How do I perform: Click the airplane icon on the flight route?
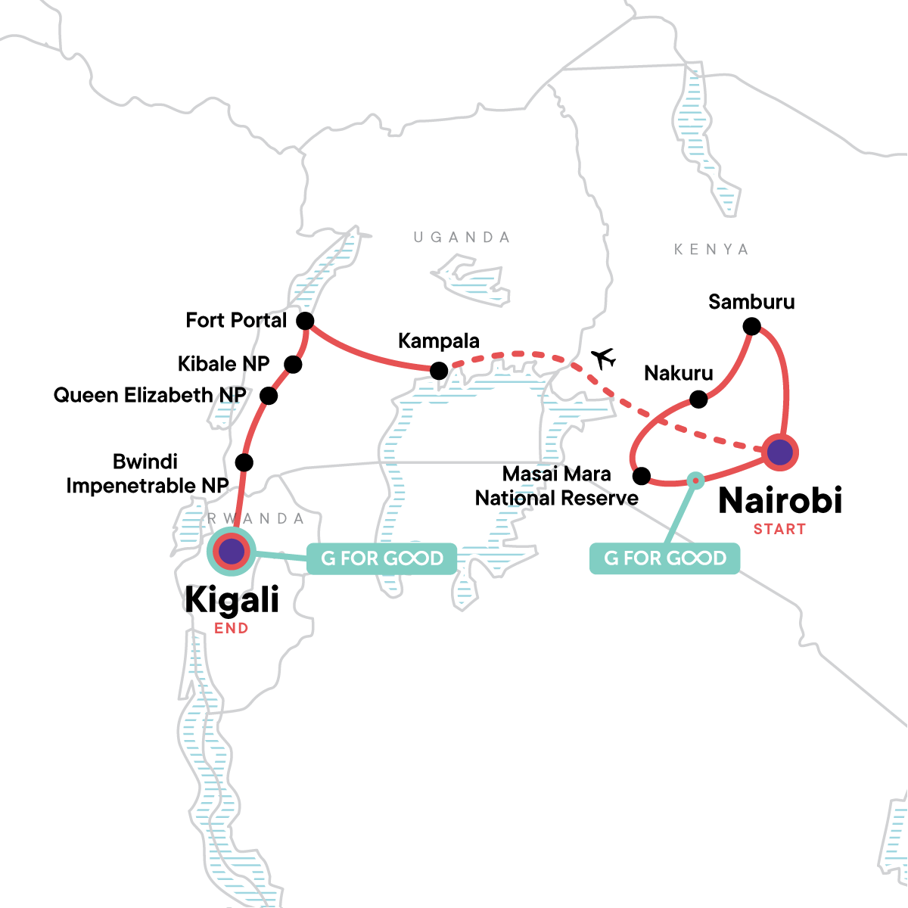point(603,358)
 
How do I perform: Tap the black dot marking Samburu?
point(751,326)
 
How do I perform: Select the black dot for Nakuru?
point(698,399)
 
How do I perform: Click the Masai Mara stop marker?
point(641,476)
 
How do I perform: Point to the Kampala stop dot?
point(438,371)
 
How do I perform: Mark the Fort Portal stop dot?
point(305,320)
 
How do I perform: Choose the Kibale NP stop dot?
point(293,365)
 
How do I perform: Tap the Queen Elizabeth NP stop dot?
point(268,396)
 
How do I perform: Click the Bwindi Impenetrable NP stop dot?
point(244,462)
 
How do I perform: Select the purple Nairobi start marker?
point(779,452)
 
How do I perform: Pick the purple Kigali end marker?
point(232,552)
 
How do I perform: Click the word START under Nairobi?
point(779,529)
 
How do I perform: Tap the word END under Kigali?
point(232,628)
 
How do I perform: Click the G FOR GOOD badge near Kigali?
point(382,558)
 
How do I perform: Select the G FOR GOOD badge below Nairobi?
point(664,558)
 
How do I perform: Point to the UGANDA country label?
point(462,238)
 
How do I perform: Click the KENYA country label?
point(711,250)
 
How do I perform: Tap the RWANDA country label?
point(256,519)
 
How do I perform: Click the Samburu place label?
point(751,302)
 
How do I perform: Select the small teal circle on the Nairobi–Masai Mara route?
point(696,479)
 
